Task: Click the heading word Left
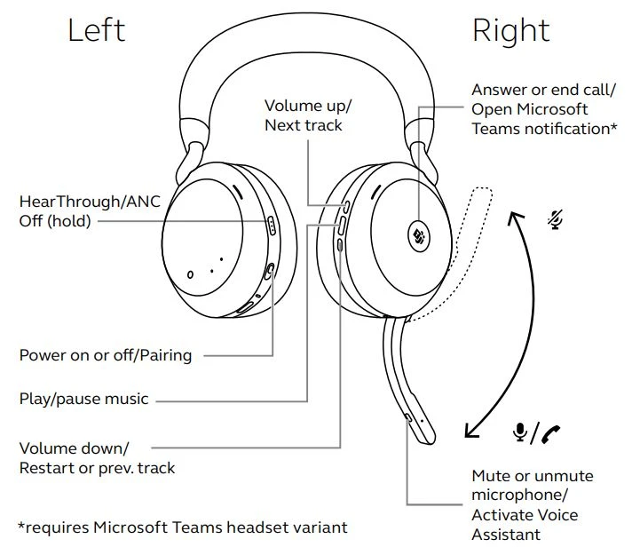[x=97, y=30]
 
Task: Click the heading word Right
[x=511, y=30]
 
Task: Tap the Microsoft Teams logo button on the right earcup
[x=419, y=235]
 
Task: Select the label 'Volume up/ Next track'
[x=308, y=115]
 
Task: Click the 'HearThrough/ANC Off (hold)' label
[x=90, y=211]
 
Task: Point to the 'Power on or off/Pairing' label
[x=106, y=355]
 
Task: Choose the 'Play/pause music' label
[x=84, y=398]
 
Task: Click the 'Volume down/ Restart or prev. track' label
[x=98, y=457]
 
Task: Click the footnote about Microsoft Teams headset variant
[x=183, y=527]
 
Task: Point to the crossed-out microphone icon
[x=556, y=218]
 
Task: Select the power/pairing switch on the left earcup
[x=269, y=270]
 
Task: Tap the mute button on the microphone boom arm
[x=407, y=417]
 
